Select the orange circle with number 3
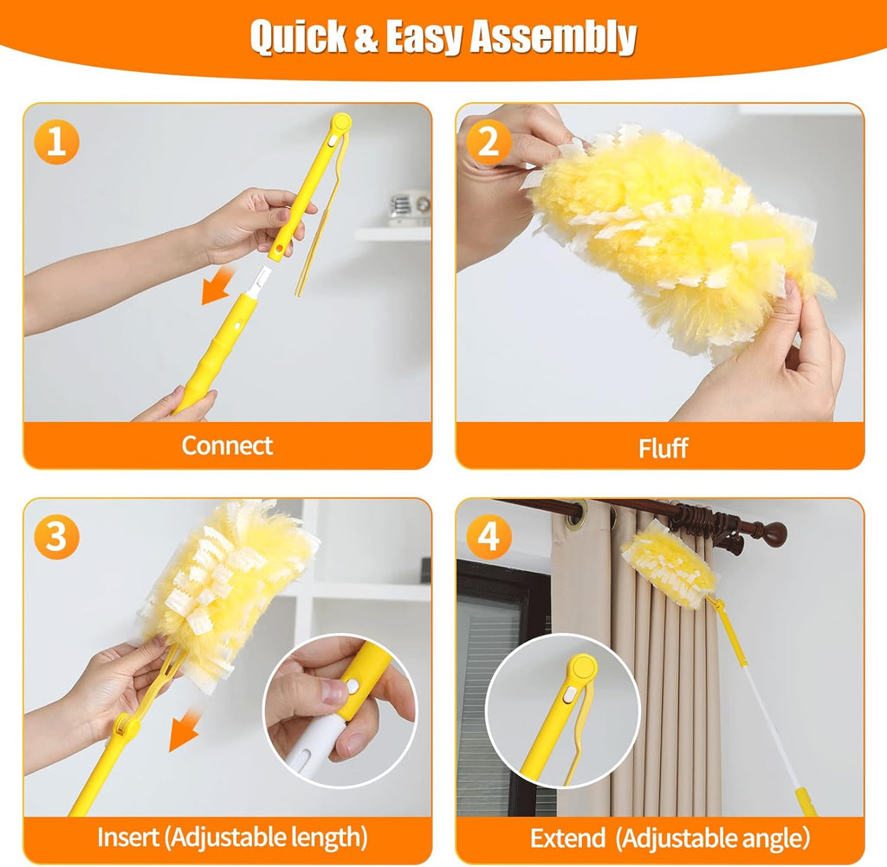coord(56,538)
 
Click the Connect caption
coord(227,446)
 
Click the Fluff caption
coord(663,448)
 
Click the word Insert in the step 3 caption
coord(128,838)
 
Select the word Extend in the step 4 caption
coord(567,838)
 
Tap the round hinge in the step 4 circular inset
coord(582,668)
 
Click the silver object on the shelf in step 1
coord(409,208)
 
